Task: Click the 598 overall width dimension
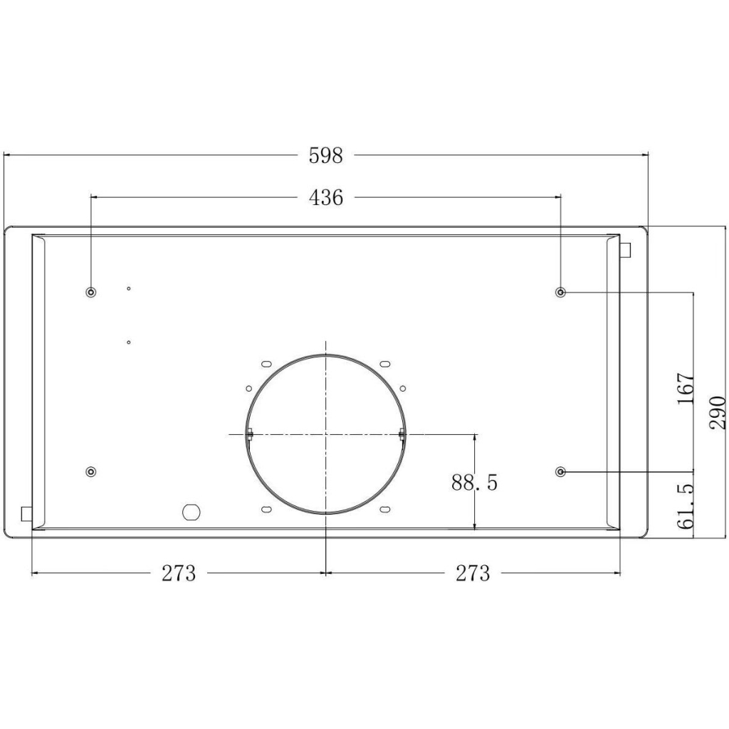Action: [325, 155]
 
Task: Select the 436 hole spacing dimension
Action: [325, 198]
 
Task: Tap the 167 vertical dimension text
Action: [685, 389]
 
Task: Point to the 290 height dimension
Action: [718, 412]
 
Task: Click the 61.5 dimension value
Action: [685, 507]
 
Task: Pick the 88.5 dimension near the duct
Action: [474, 483]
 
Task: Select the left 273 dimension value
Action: [178, 573]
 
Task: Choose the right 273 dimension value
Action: [473, 573]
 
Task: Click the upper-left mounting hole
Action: [91, 292]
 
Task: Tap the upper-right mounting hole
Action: [561, 292]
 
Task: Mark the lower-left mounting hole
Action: [91, 471]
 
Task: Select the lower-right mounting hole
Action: [561, 471]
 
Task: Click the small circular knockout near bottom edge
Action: [192, 511]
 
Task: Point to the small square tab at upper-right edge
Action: [626, 250]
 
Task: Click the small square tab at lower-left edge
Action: [26, 513]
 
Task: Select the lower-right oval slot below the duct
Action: [384, 509]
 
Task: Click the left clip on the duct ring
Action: [250, 434]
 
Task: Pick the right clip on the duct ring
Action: [402, 434]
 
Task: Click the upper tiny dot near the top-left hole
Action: [128, 288]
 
